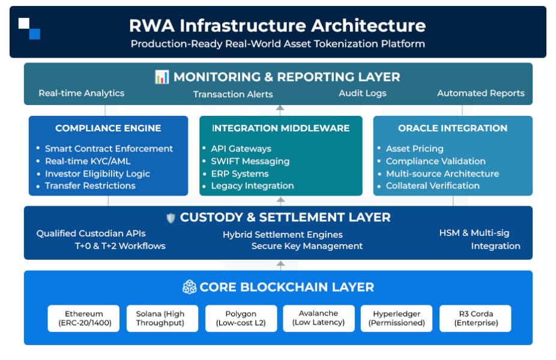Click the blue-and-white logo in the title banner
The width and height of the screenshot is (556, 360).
(29, 28)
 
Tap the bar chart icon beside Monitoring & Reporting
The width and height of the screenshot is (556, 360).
(162, 77)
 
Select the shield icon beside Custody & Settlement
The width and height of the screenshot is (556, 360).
(171, 218)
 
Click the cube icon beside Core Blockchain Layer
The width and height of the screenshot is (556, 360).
(189, 287)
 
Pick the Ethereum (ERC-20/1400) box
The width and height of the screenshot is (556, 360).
(84, 318)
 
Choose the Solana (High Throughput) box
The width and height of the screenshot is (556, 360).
(162, 318)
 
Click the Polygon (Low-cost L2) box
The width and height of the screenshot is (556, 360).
(241, 318)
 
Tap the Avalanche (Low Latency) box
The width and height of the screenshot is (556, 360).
(318, 318)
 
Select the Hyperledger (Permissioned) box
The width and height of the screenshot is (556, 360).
(396, 318)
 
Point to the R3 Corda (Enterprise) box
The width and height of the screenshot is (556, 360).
(475, 318)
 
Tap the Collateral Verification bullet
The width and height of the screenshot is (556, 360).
(432, 185)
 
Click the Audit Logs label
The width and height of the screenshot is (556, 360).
(362, 93)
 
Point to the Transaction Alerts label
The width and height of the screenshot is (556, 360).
(233, 94)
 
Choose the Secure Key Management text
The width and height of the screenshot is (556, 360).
(307, 246)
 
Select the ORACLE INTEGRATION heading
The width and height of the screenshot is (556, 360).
(452, 128)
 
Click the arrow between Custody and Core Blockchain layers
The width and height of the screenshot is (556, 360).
(279, 265)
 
